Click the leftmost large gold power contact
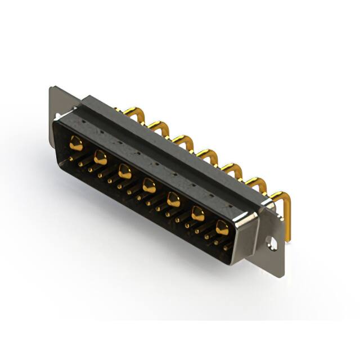[76, 144]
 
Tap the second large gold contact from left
[101, 157]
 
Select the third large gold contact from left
[125, 171]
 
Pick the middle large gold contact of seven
[149, 184]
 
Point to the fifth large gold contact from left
[173, 199]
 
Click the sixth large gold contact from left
[197, 213]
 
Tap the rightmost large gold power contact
[222, 227]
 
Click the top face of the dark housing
[169, 141]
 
